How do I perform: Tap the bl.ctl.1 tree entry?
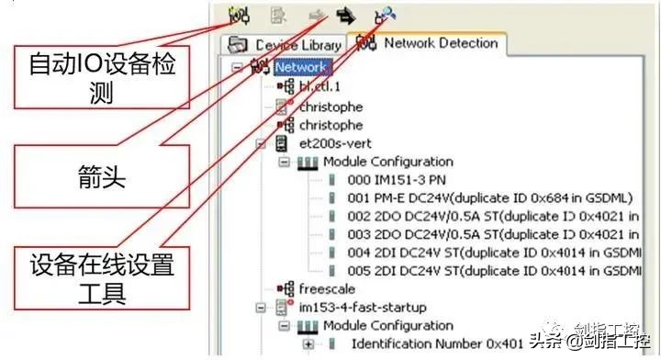tap(322, 87)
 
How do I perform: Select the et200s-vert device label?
tap(336, 142)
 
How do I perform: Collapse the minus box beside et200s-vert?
tap(261, 143)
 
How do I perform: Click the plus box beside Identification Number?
tap(308, 343)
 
